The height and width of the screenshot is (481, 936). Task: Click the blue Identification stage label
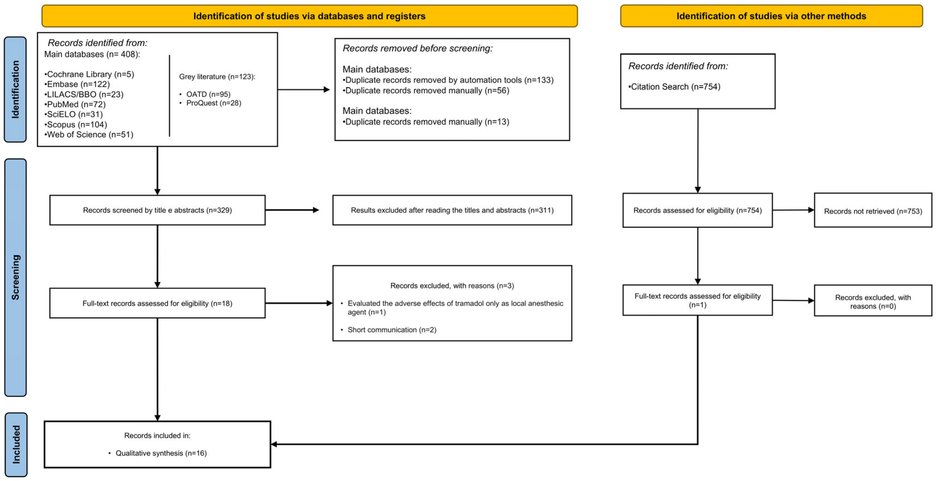click(x=15, y=89)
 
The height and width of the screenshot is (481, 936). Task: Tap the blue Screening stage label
click(x=15, y=277)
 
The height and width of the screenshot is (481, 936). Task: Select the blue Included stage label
click(x=16, y=444)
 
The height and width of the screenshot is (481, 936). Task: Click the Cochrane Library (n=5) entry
click(x=89, y=74)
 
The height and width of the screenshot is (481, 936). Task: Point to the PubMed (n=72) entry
click(x=75, y=104)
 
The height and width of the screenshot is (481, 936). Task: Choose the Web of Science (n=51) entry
click(x=89, y=134)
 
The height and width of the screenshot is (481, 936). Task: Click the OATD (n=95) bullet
click(x=208, y=94)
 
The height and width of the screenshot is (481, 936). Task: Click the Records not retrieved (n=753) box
click(x=873, y=211)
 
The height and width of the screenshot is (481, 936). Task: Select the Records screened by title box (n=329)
click(x=157, y=210)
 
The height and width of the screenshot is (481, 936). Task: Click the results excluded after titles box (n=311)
click(x=452, y=210)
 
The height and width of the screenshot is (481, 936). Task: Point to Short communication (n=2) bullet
click(x=392, y=330)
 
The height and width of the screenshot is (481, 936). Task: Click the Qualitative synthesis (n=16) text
click(x=161, y=453)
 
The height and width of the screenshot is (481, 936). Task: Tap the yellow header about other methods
click(x=771, y=16)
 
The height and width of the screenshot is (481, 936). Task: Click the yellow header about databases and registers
click(x=309, y=16)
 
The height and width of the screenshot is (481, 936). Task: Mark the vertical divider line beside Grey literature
click(x=169, y=96)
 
